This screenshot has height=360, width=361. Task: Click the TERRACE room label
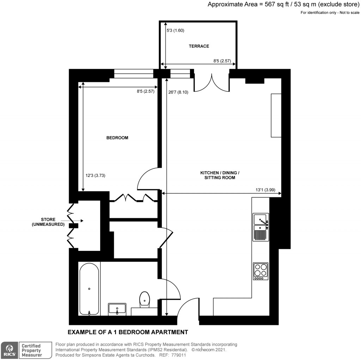(199, 46)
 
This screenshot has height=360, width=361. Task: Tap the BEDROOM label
(117, 138)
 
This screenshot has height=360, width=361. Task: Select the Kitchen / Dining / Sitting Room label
(220, 175)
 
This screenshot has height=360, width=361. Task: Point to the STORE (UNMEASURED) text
(48, 222)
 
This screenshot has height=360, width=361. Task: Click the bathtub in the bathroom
(89, 289)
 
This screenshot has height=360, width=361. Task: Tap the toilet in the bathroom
(145, 299)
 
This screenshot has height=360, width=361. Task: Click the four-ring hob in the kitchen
(261, 271)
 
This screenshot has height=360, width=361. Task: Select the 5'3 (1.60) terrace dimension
(175, 30)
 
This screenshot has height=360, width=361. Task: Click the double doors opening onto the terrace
(212, 83)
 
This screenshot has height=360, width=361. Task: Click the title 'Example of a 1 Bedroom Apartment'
(128, 332)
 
